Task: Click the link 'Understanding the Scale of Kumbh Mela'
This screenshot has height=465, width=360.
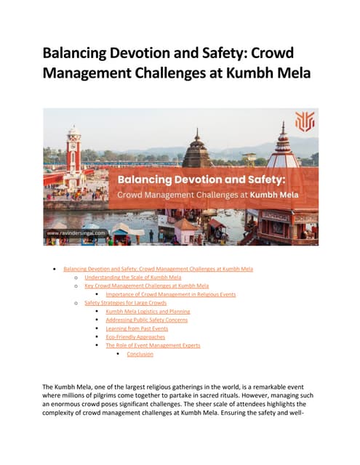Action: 132,278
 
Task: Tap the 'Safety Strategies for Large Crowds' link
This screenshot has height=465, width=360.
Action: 125,303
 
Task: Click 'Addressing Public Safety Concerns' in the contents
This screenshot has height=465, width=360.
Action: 146,320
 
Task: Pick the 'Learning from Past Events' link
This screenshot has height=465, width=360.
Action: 136,328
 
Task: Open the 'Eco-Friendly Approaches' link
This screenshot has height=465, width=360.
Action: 135,337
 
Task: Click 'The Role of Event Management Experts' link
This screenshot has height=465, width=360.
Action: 153,345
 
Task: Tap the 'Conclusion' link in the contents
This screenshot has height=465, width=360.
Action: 140,354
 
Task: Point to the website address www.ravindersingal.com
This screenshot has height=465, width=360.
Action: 76,233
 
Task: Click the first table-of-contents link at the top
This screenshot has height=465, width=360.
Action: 158,269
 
